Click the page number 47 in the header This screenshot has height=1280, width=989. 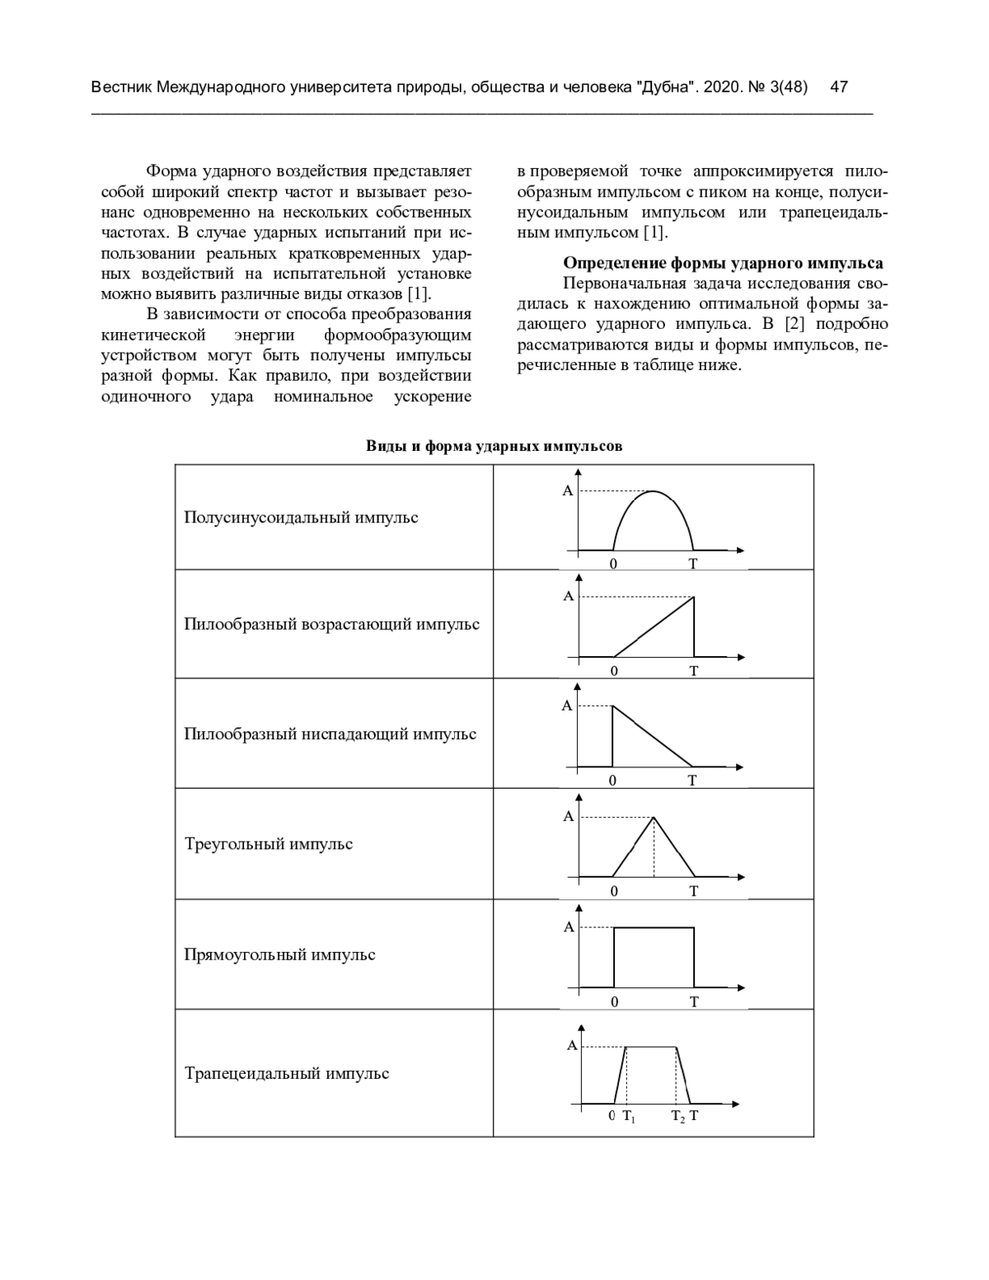839,87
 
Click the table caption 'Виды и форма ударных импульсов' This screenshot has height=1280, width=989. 494,447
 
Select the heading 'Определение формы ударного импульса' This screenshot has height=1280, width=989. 722,264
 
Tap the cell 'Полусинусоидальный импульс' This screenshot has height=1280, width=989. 301,518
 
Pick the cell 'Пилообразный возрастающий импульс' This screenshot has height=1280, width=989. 331,624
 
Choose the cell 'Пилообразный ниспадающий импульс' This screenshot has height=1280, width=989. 330,734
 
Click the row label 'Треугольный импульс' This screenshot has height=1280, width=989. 269,844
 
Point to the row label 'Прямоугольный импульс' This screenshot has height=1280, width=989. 279,954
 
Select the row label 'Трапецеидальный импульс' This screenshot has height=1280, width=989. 287,1073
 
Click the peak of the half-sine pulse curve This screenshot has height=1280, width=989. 654,491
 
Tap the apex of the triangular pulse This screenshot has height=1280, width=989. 654,817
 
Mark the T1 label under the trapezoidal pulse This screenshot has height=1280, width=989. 628,1117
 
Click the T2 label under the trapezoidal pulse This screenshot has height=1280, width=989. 677,1117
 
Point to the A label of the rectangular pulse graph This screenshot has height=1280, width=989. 569,927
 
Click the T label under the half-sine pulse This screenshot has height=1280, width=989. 693,564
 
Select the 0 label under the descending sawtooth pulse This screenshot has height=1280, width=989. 612,781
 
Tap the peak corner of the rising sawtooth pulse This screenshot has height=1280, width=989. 694,598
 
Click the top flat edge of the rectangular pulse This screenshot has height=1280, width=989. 654,927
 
